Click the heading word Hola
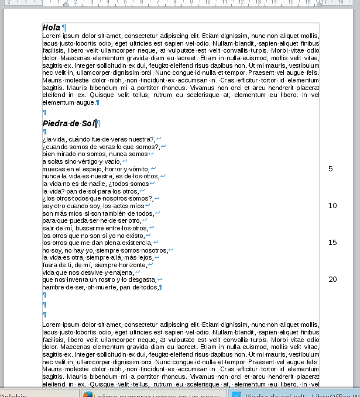pyautogui.click(x=52, y=27)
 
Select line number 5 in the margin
pyautogui.click(x=331, y=169)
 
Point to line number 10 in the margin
pyautogui.click(x=332, y=206)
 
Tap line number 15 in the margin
pyautogui.click(x=332, y=243)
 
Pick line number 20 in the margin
pyautogui.click(x=332, y=279)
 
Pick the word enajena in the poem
pyautogui.click(x=119, y=272)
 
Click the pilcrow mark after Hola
pyautogui.click(x=64, y=27)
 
